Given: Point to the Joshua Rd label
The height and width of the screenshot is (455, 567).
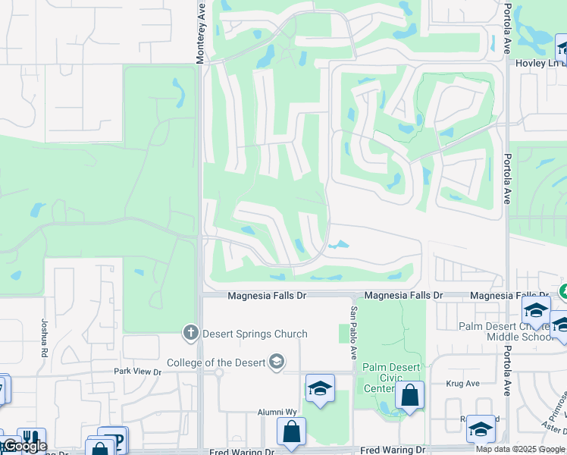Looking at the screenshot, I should [45, 337].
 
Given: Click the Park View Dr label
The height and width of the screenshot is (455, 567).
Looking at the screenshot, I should [138, 372].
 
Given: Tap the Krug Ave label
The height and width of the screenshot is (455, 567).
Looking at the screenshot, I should [464, 384].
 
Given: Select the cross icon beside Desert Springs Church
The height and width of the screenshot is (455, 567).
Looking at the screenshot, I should [190, 332].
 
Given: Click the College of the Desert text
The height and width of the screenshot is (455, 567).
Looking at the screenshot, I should [218, 362].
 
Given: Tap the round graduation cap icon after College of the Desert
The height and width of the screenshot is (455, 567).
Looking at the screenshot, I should [277, 362].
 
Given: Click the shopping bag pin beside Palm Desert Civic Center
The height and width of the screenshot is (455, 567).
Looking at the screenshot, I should [409, 395].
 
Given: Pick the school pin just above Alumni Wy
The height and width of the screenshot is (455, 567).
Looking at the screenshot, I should [321, 389].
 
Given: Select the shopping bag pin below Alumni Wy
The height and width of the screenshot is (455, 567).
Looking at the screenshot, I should [291, 432].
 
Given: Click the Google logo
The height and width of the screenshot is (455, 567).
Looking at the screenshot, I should [25, 446].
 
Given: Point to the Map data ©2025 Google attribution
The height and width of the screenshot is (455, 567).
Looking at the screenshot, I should [520, 449].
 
